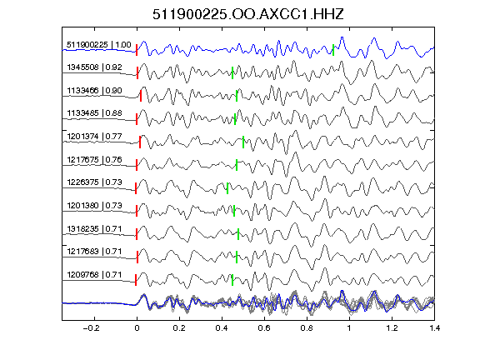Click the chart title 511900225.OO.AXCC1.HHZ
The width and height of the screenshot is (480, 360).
click(x=248, y=14)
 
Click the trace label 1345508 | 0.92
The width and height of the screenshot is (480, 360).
click(x=94, y=67)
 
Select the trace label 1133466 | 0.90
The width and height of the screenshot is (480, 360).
click(x=94, y=91)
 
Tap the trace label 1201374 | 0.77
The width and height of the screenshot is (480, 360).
click(x=94, y=136)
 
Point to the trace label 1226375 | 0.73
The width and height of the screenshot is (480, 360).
click(x=94, y=182)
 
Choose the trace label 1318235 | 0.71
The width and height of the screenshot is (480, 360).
click(x=94, y=229)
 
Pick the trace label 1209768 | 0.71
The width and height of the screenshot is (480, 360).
click(x=94, y=275)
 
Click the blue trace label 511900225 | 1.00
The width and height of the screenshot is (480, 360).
click(x=98, y=45)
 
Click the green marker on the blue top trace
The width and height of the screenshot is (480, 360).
click(x=333, y=50)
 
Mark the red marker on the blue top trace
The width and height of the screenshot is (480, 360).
click(x=137, y=50)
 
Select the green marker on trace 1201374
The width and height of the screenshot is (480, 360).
click(x=243, y=142)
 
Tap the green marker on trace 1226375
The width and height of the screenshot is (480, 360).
click(x=227, y=188)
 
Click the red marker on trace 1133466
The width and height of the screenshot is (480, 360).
click(x=141, y=96)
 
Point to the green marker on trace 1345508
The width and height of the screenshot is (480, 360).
click(x=232, y=72)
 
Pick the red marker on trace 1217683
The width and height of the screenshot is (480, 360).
click(x=137, y=257)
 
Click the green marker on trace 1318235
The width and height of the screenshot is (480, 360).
click(x=238, y=234)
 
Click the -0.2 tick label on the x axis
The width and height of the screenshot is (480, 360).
click(x=91, y=328)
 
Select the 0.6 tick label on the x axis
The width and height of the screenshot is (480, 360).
click(x=264, y=328)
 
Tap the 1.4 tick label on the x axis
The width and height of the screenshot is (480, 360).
click(x=434, y=328)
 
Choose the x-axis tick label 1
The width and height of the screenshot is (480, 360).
click(x=349, y=328)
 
